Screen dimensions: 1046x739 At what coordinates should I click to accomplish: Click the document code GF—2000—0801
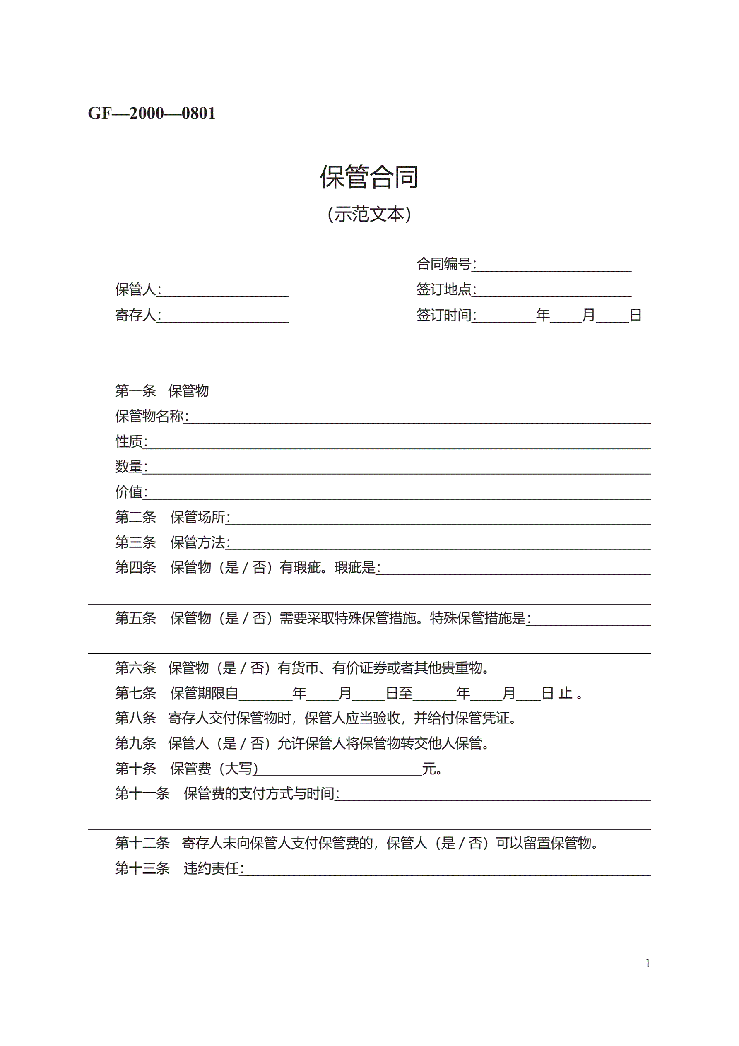pyautogui.click(x=151, y=113)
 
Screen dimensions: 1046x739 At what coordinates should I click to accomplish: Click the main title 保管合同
pyautogui.click(x=369, y=177)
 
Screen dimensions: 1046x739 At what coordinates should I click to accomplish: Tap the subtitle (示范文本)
pyautogui.click(x=369, y=214)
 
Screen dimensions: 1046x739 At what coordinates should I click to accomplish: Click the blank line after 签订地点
pyautogui.click(x=553, y=292)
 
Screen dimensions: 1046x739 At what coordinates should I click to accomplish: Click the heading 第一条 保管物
pyautogui.click(x=162, y=390)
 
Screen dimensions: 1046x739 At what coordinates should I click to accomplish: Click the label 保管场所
pyautogui.click(x=198, y=517)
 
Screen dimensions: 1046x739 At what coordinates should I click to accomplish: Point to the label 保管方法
pyautogui.click(x=198, y=542)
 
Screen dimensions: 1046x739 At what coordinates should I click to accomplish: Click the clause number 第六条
pyautogui.click(x=135, y=668)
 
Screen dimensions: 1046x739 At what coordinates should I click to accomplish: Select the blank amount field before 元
pyautogui.click(x=340, y=770)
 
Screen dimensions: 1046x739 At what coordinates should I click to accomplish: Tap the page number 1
pyautogui.click(x=648, y=964)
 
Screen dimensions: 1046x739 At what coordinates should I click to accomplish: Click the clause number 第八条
pyautogui.click(x=135, y=718)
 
